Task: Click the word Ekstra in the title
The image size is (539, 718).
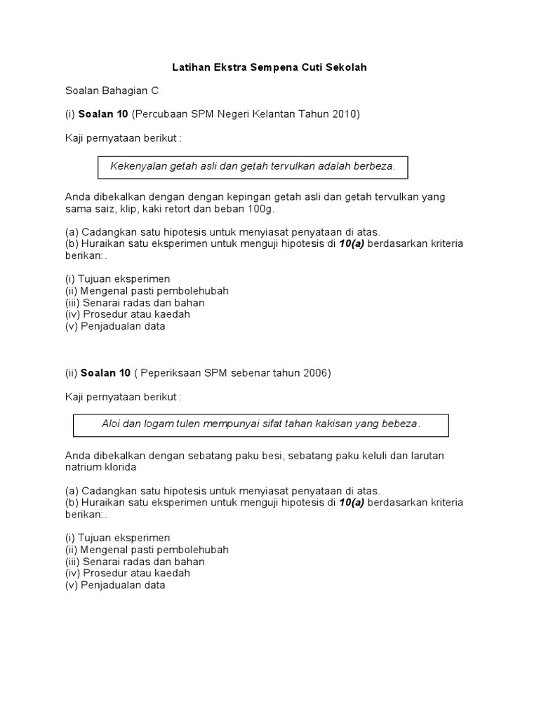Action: (x=227, y=68)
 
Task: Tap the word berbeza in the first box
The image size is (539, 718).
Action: (x=373, y=166)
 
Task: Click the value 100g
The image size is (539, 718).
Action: (x=264, y=209)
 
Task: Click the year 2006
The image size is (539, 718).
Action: (x=314, y=373)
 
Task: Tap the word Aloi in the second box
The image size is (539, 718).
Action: (x=112, y=424)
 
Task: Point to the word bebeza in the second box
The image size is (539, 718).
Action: (x=401, y=424)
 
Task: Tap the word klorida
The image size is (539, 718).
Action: (x=121, y=466)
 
